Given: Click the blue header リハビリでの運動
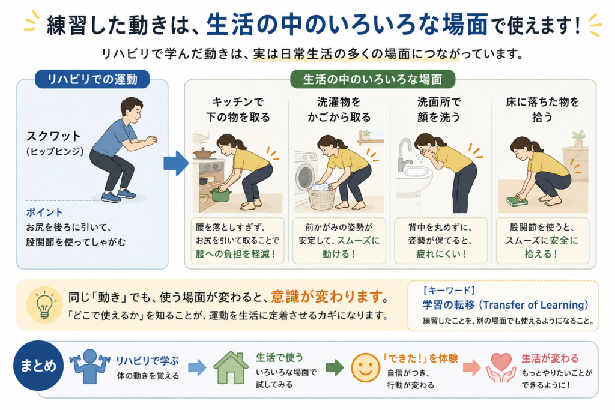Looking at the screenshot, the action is [92, 79].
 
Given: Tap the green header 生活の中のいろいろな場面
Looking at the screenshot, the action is [372, 79].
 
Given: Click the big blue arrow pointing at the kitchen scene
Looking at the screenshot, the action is [176, 163].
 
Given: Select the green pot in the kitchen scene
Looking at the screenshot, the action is [221, 195].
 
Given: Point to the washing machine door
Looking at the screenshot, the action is [305, 175].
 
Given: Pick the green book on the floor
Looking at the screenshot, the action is [517, 201].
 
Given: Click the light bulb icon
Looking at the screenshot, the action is [44, 304].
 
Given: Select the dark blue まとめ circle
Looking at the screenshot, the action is [38, 366].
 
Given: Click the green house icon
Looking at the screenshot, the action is [231, 367].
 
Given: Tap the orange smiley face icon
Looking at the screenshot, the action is [365, 367].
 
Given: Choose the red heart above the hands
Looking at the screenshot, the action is [501, 361].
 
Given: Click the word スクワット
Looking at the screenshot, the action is [53, 136].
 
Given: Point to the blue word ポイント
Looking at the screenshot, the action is [44, 212].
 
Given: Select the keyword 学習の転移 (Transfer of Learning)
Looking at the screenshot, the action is [505, 304].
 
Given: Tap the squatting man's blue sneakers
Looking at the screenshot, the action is [119, 196].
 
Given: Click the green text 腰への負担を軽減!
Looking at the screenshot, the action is [235, 254].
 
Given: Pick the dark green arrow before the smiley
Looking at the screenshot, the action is [334, 367].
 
